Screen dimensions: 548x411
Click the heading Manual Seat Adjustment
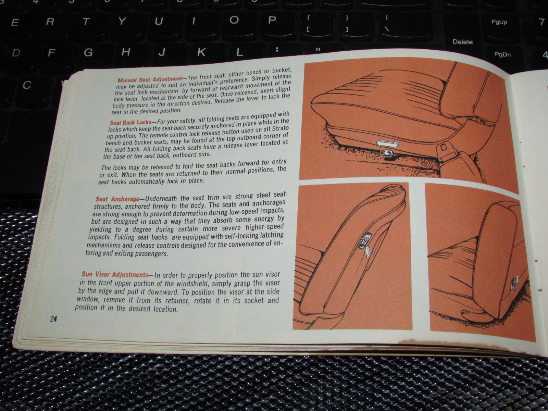coord(150,79)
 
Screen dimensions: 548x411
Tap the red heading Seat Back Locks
coord(130,122)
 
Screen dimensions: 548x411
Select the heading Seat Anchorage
coord(117,199)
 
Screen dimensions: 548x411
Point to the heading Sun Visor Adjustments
coord(115,274)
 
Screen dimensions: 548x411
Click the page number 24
coord(53,319)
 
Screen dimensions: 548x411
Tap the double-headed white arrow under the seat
coord(387,144)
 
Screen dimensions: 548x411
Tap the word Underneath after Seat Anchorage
coord(162,198)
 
